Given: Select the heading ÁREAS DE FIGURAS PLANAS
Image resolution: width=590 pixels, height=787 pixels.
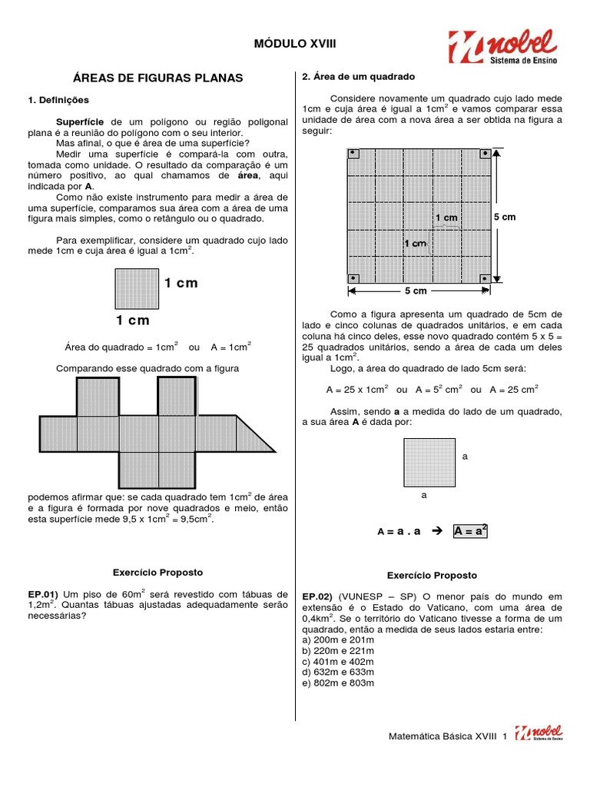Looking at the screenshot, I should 157,78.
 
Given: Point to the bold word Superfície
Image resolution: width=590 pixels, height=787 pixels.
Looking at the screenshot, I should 81,122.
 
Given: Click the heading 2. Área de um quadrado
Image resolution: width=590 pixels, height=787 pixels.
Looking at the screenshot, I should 358,77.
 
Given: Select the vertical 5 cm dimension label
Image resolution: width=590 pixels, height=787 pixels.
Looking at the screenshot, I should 505,218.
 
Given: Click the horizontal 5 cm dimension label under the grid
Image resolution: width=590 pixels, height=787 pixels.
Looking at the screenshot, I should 416,291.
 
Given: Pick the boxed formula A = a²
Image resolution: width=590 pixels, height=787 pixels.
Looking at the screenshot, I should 472,531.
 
